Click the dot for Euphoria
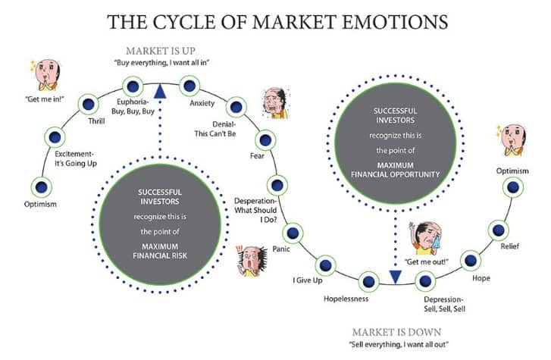coord(133,86)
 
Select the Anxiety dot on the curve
coord(189,86)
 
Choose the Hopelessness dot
coord(369,281)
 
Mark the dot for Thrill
coord(88,104)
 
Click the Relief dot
coord(498,228)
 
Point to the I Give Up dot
coord(325,265)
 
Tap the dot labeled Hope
coord(470,260)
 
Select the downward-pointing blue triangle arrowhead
coord(395,277)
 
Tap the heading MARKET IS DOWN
coord(396,332)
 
